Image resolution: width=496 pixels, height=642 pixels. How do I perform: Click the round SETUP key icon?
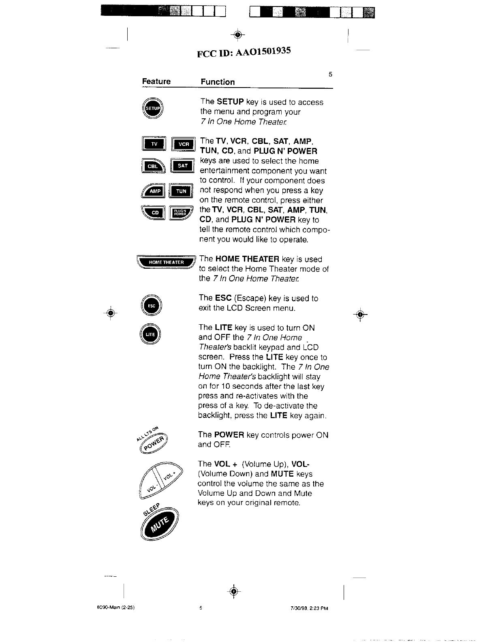click(152, 109)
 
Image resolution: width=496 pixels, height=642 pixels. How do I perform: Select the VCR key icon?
click(184, 144)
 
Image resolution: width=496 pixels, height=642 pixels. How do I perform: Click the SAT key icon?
click(183, 166)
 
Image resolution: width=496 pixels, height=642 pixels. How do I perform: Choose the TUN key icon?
click(181, 191)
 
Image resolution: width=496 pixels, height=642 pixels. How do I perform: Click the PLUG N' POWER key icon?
click(180, 212)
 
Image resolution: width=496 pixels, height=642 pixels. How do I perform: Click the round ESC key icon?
click(151, 306)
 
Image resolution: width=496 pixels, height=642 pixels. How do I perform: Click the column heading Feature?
click(156, 81)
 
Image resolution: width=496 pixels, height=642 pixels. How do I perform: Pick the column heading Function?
click(218, 82)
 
